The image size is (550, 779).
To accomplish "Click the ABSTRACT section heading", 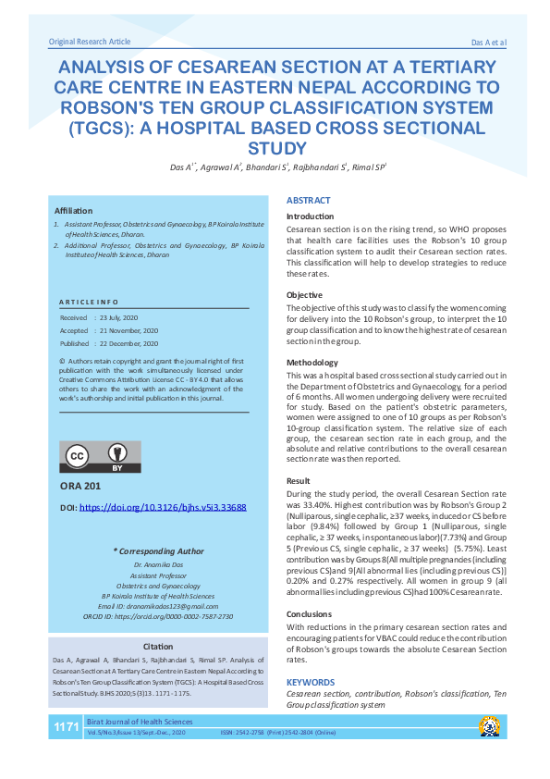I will pos(308,201).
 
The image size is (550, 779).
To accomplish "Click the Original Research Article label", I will pos(90,43).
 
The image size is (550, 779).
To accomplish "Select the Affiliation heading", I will pos(74,211).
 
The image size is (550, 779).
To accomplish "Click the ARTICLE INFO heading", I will pos(89,303).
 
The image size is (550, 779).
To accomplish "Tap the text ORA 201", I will pos(80,488).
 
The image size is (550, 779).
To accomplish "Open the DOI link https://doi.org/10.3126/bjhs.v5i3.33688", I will pos(163,508).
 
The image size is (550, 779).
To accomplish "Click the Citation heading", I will pos(158,646).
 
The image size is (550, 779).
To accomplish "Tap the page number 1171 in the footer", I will pos(66,727).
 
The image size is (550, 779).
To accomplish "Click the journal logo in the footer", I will pos(487,726).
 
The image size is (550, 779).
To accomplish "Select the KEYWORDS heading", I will pos(311,682).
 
